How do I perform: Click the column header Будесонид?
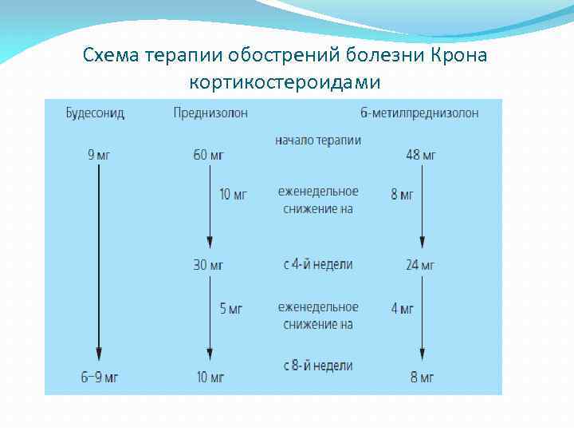click(95, 113)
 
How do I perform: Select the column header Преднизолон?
click(210, 113)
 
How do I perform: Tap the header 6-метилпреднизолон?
click(419, 113)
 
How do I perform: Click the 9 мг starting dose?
click(99, 155)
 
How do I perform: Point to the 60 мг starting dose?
click(208, 155)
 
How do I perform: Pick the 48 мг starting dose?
click(421, 155)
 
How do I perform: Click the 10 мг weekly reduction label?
click(234, 195)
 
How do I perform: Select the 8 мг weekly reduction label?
click(402, 195)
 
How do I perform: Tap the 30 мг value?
click(208, 265)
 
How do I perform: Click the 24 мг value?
click(420, 265)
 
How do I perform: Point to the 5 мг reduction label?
click(231, 309)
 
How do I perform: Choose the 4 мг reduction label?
click(402, 309)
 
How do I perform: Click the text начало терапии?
click(318, 140)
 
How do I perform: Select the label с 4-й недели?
click(318, 264)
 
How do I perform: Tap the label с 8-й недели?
click(318, 366)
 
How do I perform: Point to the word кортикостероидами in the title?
click(285, 81)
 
